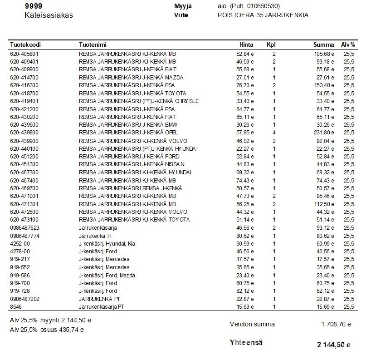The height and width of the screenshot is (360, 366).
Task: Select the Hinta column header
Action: (x=246, y=45)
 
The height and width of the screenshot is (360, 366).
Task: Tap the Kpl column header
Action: (x=271, y=45)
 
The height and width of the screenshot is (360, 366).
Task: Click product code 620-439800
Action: (x=24, y=133)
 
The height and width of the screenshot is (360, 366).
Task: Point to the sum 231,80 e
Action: (x=324, y=133)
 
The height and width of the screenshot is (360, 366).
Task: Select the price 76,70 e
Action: (x=245, y=85)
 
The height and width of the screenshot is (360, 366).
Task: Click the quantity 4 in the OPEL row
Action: (x=274, y=133)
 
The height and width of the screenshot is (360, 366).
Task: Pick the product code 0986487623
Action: (x=24, y=228)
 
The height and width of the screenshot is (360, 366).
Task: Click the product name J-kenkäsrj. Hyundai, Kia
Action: (x=107, y=244)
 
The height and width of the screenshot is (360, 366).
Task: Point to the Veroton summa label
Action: (x=252, y=324)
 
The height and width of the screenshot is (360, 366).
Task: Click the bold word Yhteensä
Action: (x=246, y=343)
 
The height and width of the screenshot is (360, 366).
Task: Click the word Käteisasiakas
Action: (x=49, y=15)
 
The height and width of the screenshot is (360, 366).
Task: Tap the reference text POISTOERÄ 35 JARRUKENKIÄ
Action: (x=263, y=15)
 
